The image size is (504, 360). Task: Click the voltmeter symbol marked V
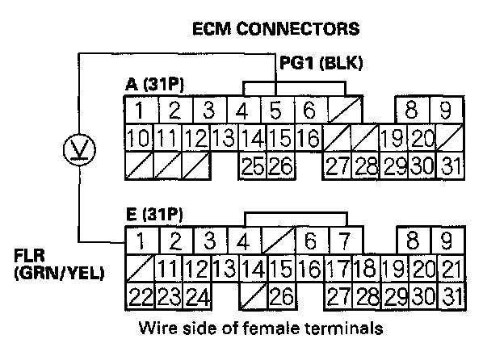point(79,150)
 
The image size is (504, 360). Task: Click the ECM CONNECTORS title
point(275,28)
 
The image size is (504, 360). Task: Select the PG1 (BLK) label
point(321,63)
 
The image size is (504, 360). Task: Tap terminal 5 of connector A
point(275,110)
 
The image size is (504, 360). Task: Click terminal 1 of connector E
point(141,241)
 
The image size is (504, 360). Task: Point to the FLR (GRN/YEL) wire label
point(59,265)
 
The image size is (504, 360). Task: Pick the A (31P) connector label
point(155,85)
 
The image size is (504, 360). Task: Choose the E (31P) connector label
point(155,215)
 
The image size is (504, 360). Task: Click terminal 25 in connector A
point(253,166)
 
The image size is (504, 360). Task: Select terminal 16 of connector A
point(309,138)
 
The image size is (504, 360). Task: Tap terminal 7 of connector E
point(345,241)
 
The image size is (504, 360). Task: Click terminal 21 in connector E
point(451,269)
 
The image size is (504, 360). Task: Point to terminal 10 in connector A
point(139,138)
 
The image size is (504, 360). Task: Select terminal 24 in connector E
point(197,296)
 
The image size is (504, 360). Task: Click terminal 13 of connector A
point(224,138)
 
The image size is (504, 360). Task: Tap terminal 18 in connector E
point(366,269)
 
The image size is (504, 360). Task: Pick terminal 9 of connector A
point(446,110)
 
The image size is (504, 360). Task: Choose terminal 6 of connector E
point(311,241)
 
